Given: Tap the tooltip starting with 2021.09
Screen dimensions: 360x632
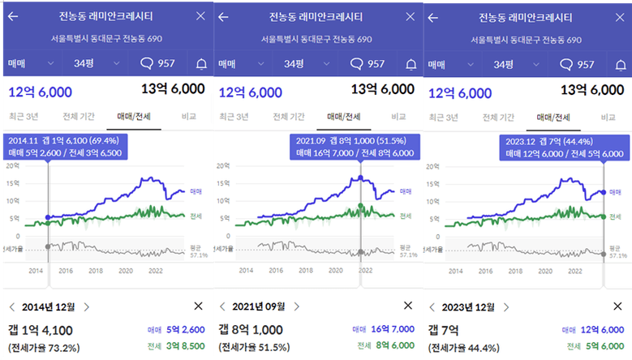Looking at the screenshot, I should (x=355, y=147).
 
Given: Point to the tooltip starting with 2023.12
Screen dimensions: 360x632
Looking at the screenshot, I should (x=565, y=147).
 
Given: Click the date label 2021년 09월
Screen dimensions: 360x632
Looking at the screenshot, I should (x=258, y=306).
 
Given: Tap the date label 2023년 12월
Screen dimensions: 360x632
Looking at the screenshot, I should (x=468, y=306).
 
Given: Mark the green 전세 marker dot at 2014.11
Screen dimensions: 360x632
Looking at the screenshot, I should (x=49, y=225).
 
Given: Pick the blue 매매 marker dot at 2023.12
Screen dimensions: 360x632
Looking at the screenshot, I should (x=604, y=192).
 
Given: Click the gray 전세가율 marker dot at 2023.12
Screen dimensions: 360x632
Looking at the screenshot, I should (x=604, y=254).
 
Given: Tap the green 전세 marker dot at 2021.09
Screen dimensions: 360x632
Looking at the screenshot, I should (x=360, y=207).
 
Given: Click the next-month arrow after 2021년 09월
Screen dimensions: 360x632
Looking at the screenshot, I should (x=296, y=306).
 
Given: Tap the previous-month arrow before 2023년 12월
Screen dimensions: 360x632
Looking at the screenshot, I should (x=433, y=306).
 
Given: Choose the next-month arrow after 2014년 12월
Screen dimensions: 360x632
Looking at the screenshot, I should (x=87, y=306).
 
